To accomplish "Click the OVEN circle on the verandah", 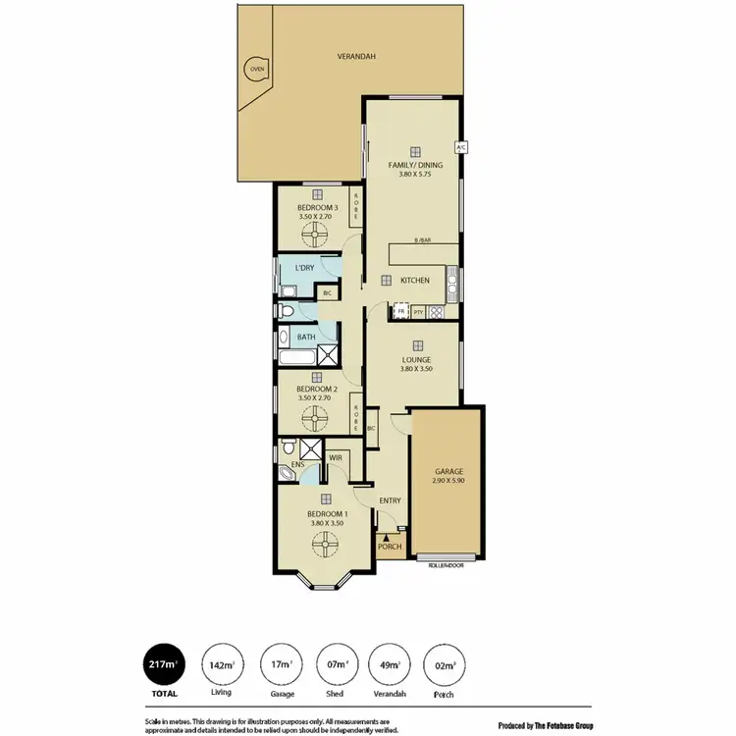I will [256, 70].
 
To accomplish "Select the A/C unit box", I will [461, 146].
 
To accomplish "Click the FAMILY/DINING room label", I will [414, 165].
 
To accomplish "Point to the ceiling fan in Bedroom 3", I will [317, 235].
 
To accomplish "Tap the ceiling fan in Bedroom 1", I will [324, 541].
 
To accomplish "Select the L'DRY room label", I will [304, 268].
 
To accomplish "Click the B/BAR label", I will [422, 240].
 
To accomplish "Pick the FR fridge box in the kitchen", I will [400, 312].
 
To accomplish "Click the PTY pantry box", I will [418, 312].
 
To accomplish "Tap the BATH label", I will [306, 338].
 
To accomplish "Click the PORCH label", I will [390, 547].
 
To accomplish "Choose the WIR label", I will [335, 456].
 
